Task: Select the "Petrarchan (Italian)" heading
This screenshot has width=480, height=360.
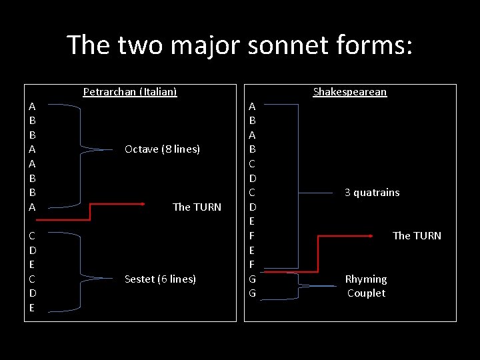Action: pyautogui.click(x=130, y=92)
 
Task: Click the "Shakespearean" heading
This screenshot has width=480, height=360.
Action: pyautogui.click(x=349, y=92)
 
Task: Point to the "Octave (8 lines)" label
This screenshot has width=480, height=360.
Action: pyautogui.click(x=162, y=149)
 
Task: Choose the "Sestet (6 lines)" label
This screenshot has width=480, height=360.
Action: pyautogui.click(x=160, y=279)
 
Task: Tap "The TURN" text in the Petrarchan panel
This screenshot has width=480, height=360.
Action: pyautogui.click(x=197, y=207)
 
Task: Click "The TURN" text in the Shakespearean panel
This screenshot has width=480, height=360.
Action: pyautogui.click(x=417, y=235)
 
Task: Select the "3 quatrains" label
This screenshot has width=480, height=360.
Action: pyautogui.click(x=372, y=193)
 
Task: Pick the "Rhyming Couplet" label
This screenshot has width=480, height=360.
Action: pyautogui.click(x=366, y=286)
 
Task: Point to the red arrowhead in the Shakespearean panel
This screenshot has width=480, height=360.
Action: pyautogui.click(x=370, y=235)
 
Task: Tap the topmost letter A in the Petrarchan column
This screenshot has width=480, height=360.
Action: pyautogui.click(x=33, y=106)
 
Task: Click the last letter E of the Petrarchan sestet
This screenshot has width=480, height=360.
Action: pyautogui.click(x=33, y=307)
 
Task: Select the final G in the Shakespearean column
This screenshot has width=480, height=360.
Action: pyautogui.click(x=252, y=293)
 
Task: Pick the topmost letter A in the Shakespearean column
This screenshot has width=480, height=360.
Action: pyautogui.click(x=252, y=106)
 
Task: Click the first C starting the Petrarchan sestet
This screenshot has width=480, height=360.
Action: pyautogui.click(x=33, y=235)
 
